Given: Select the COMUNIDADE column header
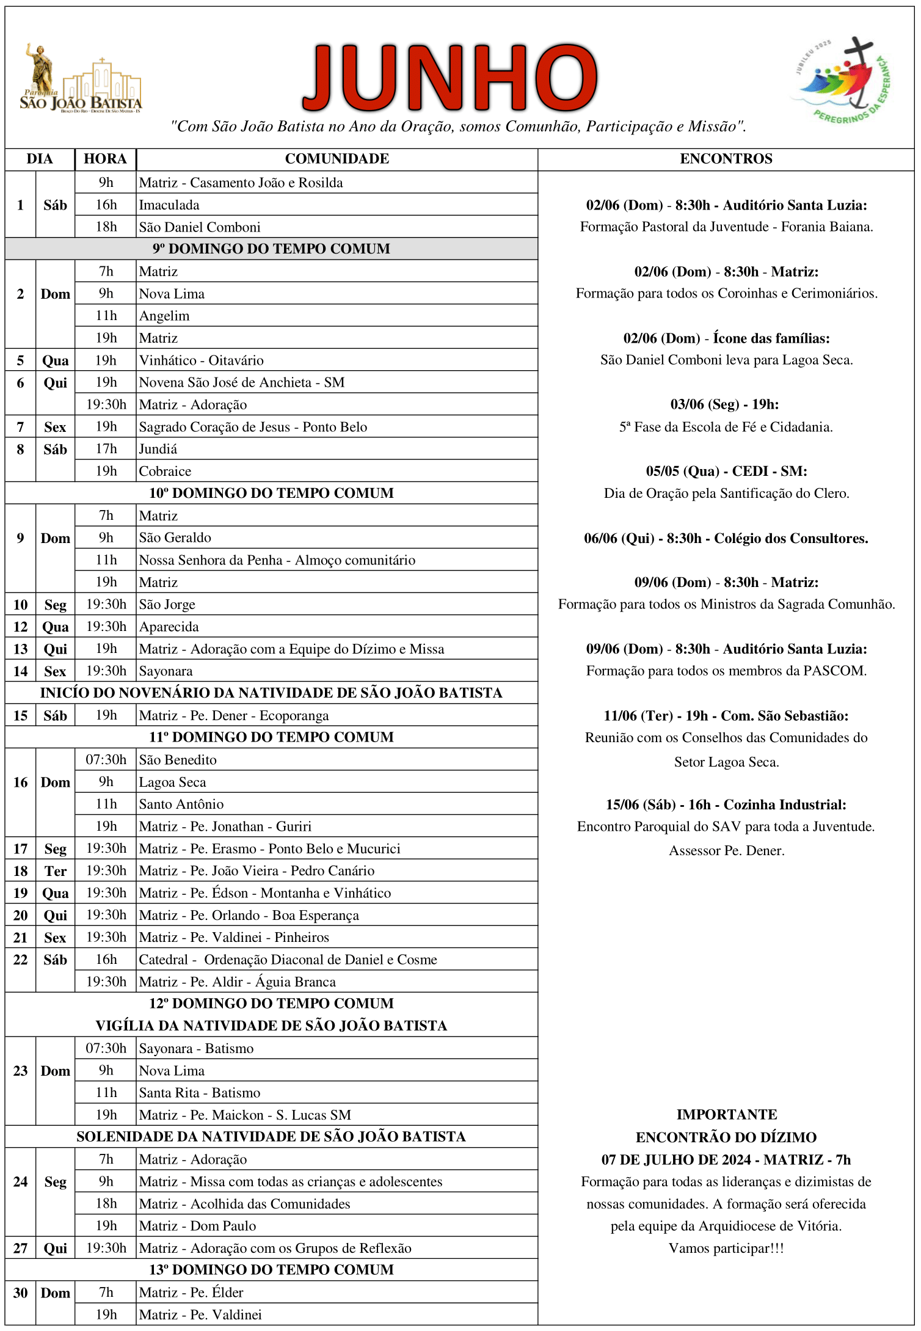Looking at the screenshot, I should [337, 159].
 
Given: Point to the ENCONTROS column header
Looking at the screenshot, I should [726, 159].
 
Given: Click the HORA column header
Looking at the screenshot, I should [105, 159].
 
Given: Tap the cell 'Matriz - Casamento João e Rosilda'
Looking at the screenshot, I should [241, 183].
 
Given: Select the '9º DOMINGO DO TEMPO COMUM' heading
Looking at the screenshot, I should [271, 249].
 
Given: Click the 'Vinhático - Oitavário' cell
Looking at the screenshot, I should [201, 360].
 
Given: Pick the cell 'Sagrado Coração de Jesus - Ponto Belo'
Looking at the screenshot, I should [253, 427].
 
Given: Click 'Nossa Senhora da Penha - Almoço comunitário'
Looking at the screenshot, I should [277, 560].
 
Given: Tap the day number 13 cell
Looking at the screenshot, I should [20, 649].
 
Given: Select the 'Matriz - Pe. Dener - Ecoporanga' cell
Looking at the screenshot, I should [233, 715].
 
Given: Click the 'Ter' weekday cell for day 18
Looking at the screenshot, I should [55, 871].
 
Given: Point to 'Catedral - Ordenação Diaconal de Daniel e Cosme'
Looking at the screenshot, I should [288, 960].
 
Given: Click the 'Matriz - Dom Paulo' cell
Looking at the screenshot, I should [197, 1226].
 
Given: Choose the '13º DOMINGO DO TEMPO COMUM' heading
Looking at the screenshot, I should [271, 1270].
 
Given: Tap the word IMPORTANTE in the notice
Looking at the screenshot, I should [726, 1115].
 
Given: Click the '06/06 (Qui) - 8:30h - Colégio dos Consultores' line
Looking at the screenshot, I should [726, 538].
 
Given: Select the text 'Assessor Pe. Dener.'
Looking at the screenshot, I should [726, 850].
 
